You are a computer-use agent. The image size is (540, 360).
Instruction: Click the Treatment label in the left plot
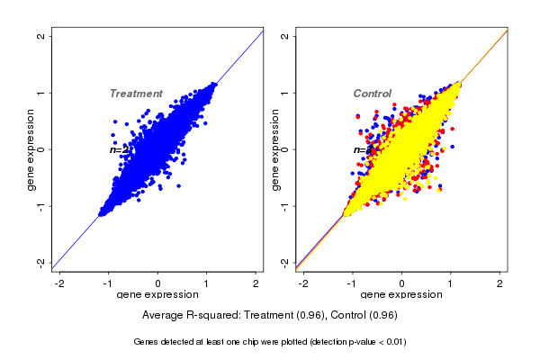coord(136,94)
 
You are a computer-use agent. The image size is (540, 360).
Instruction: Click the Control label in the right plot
coord(372,94)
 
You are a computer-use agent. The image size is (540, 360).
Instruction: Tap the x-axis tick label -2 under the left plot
coord(60,283)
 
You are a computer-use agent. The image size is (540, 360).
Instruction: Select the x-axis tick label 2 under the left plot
coord(256,283)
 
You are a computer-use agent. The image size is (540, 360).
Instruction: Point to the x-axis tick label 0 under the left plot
coord(158,283)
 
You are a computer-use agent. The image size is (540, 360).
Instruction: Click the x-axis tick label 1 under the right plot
coord(451,283)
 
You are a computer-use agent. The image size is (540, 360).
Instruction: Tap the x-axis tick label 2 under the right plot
coord(500,283)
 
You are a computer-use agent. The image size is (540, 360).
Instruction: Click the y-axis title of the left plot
coord(31,149)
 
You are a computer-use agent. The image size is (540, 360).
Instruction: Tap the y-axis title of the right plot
coord(276,149)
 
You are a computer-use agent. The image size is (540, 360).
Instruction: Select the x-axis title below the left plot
coord(157,295)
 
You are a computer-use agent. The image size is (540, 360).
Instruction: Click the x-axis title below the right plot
coord(401,295)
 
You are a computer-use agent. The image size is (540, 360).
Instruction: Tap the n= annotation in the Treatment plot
coord(117,149)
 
